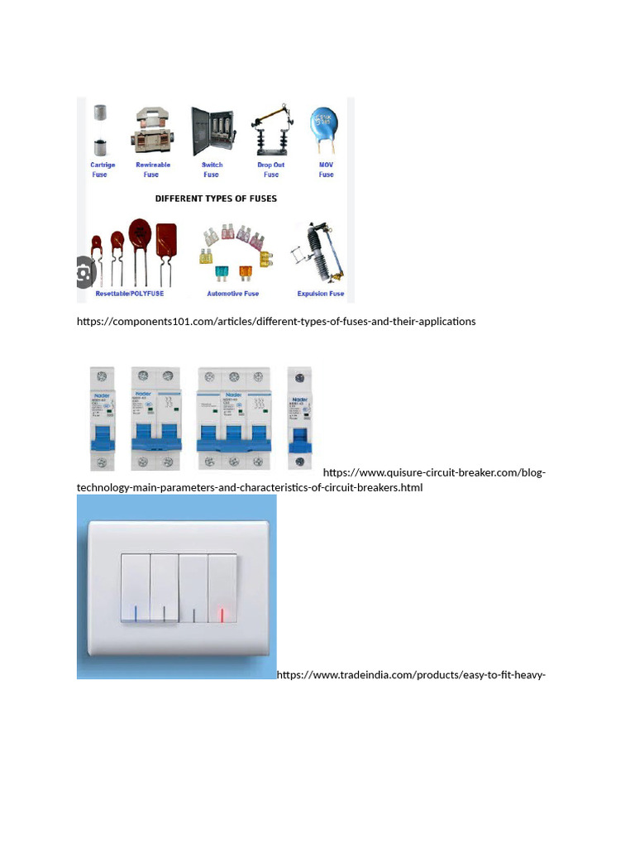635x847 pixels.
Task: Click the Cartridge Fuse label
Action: point(103,170)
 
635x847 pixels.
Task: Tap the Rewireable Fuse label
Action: point(152,170)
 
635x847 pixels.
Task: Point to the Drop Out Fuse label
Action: point(271,170)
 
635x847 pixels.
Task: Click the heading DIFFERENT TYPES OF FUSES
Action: point(216,199)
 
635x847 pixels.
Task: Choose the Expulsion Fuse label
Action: point(320,294)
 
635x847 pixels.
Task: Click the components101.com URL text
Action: point(276,321)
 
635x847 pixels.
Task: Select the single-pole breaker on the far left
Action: point(103,419)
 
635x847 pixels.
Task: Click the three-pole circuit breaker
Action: point(234,419)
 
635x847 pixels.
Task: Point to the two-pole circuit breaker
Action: point(156,419)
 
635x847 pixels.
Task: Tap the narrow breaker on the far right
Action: point(299,419)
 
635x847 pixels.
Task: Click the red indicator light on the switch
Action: point(222,615)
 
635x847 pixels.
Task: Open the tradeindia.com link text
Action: point(411,675)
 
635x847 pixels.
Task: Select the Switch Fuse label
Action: point(212,170)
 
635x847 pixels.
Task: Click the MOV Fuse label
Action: point(327,170)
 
